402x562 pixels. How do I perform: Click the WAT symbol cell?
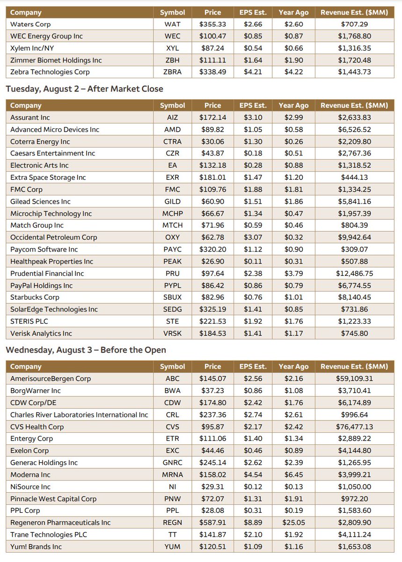point(172,24)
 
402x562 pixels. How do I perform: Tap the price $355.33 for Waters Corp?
point(212,24)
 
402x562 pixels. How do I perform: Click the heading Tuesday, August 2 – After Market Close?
point(84,89)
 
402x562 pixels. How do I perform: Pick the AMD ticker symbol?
point(172,130)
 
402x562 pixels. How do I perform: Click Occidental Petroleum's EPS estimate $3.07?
point(253,237)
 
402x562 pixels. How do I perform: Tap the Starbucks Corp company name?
point(35,297)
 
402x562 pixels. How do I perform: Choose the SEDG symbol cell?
point(172,310)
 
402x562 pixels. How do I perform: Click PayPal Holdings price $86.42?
point(212,286)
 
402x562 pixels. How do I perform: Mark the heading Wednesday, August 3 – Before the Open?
point(86,350)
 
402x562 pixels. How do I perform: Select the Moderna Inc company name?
point(31,475)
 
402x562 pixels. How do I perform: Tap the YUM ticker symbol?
point(172,547)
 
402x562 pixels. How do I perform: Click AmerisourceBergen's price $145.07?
point(212,379)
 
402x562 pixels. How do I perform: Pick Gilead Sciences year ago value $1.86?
point(293,201)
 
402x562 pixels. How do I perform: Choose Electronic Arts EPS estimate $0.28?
point(253,165)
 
